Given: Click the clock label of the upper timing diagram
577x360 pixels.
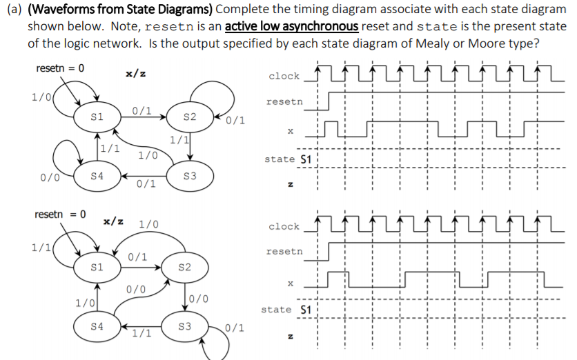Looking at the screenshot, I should [x=284, y=76].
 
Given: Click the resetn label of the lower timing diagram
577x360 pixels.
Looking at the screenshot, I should [x=284, y=252].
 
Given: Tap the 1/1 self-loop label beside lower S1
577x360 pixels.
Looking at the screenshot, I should [x=39, y=246].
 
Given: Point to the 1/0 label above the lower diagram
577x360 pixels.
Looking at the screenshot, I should [x=148, y=224].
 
